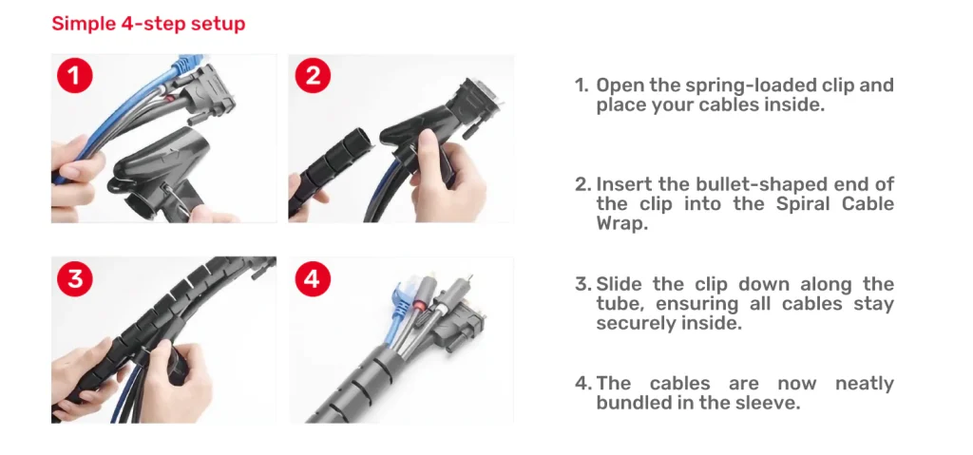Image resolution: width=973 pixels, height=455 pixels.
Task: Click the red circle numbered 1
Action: click(74, 76)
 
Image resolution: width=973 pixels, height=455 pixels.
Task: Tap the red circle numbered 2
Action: click(313, 76)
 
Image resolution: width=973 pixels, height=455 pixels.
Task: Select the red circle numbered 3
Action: click(74, 278)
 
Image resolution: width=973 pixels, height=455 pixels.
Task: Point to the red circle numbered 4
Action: click(313, 278)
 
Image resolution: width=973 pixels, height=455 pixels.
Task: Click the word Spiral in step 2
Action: click(804, 203)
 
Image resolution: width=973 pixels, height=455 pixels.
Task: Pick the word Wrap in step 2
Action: click(621, 223)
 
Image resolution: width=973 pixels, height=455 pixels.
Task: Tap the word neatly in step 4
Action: click(865, 384)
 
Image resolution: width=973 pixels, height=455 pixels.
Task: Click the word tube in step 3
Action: click(620, 304)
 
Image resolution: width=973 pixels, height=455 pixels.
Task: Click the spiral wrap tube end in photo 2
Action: click(363, 140)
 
